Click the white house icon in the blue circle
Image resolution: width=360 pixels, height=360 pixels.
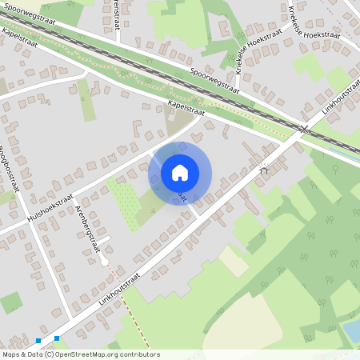(180, 173)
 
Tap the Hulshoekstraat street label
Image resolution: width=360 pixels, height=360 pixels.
(50, 207)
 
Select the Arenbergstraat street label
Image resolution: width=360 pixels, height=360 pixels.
(90, 228)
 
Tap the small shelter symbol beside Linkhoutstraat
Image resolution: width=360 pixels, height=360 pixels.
(264, 169)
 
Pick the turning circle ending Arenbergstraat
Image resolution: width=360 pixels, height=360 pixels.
(104, 262)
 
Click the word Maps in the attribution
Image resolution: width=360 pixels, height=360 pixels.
(11, 354)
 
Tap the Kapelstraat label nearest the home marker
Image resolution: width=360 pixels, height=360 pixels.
(187, 109)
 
